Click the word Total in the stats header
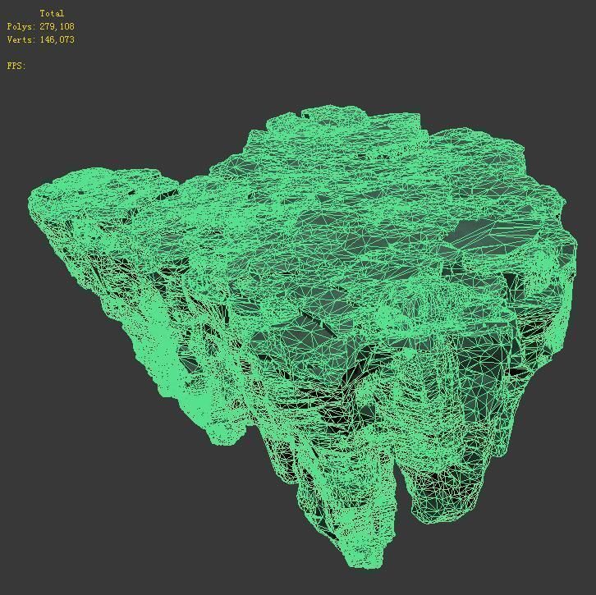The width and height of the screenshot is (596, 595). coord(52,13)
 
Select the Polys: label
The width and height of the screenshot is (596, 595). coord(21,26)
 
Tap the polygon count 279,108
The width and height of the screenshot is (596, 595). coord(57,26)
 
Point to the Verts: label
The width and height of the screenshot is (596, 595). coord(21,39)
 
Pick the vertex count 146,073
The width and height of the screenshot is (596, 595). coord(57,39)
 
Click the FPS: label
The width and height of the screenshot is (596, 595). coord(16,66)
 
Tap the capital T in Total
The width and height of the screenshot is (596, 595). coord(42,13)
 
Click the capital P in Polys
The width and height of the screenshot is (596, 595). coord(10,26)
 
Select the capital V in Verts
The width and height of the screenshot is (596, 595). coord(10,39)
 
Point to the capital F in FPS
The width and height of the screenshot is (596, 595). coord(10,66)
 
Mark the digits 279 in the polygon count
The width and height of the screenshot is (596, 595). coord(47,26)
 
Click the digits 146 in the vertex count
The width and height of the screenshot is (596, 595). coord(47,39)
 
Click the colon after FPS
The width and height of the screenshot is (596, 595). coord(25,66)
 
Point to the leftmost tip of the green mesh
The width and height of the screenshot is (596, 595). coord(30,199)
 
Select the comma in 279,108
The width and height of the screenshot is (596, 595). coord(57,29)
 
